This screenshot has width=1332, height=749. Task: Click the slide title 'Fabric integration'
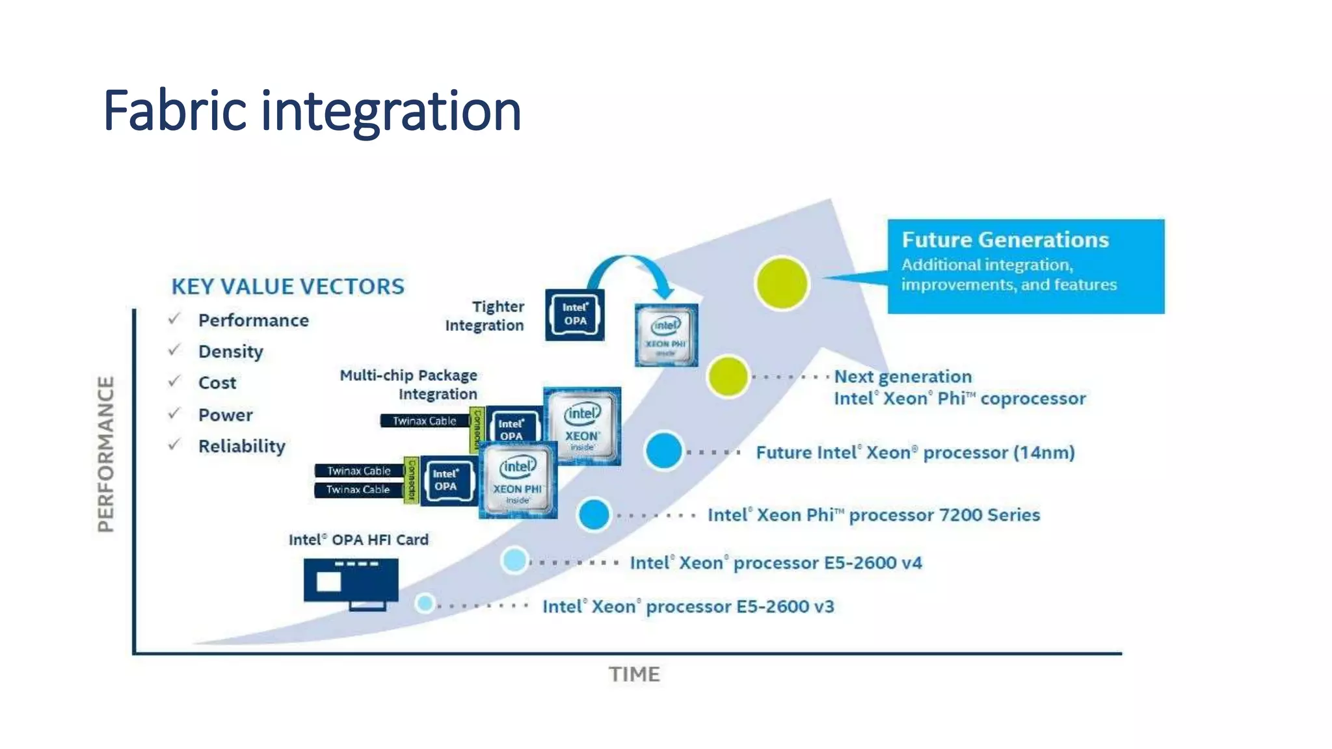tap(312, 111)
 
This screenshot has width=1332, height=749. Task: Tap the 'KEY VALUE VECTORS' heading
tap(287, 287)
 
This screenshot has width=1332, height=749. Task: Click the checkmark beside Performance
tap(174, 319)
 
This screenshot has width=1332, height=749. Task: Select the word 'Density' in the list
tap(231, 352)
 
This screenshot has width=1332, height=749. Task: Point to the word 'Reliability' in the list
tap(241, 447)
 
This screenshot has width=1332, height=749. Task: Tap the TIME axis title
tap(634, 674)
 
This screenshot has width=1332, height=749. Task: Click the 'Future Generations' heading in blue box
tap(1005, 240)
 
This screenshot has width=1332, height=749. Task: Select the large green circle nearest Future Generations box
tap(782, 283)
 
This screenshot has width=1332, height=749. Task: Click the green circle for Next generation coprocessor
tap(728, 376)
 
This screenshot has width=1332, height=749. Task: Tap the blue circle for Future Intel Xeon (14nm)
tap(663, 451)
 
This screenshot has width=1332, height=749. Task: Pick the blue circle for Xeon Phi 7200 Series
tap(594, 515)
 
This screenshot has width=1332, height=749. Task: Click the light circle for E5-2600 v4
tap(514, 560)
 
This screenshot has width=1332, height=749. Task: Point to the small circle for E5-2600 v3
tap(425, 603)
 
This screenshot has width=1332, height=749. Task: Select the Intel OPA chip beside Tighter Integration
tap(575, 315)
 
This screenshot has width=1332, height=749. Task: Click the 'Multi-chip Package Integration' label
tap(408, 384)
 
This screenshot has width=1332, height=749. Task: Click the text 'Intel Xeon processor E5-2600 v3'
tap(688, 607)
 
